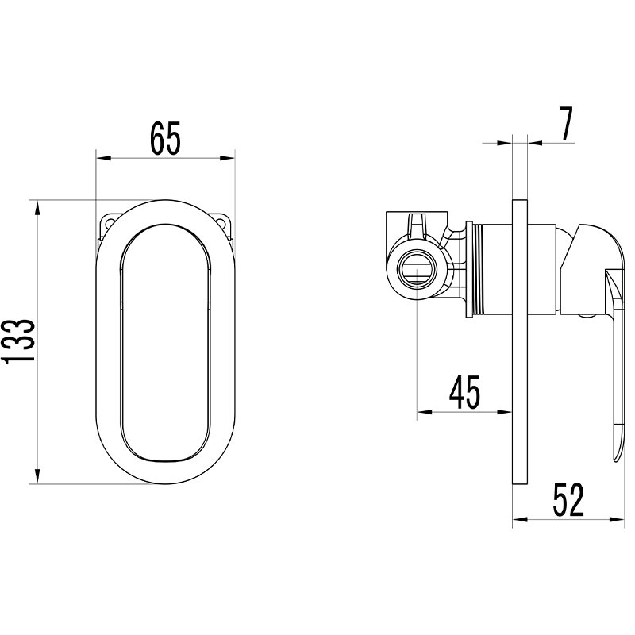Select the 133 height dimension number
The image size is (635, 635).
(x=19, y=341)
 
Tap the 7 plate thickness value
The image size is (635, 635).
(x=566, y=123)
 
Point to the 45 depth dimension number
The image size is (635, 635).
(x=464, y=391)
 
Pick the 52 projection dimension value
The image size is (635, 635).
(x=568, y=499)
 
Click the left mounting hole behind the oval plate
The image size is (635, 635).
(x=110, y=222)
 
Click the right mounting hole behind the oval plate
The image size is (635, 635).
(x=221, y=222)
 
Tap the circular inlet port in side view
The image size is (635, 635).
(x=418, y=271)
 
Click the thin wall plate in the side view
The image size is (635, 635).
(x=521, y=342)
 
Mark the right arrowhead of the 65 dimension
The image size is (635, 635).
(x=227, y=158)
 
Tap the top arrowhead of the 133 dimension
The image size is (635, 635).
(x=37, y=208)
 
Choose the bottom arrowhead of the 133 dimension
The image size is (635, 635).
(x=37, y=476)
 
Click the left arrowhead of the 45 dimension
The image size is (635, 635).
(x=425, y=412)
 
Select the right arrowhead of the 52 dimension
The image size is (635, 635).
(x=617, y=520)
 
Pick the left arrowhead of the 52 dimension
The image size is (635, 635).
(x=521, y=520)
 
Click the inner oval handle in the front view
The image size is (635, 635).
(x=166, y=343)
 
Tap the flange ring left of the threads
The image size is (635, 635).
(x=469, y=269)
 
